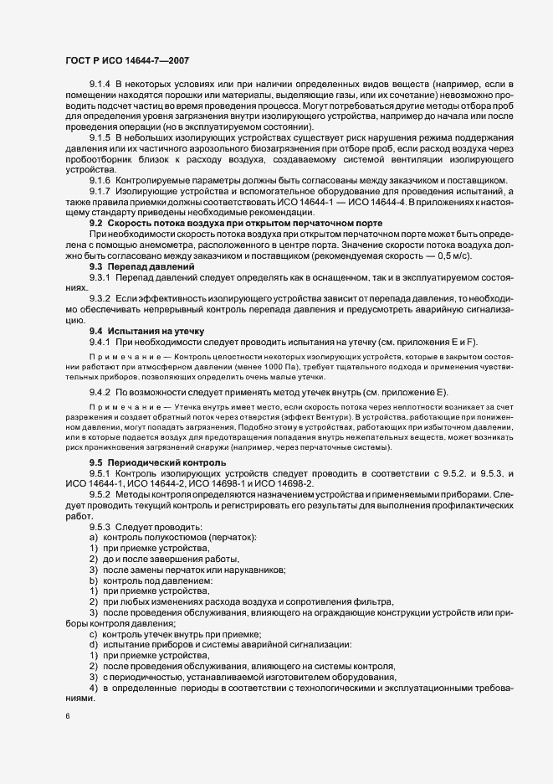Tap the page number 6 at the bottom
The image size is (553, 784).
pyautogui.click(x=66, y=716)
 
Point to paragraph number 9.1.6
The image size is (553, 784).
pyautogui.click(x=101, y=181)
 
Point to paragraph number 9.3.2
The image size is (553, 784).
pyautogui.click(x=101, y=298)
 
